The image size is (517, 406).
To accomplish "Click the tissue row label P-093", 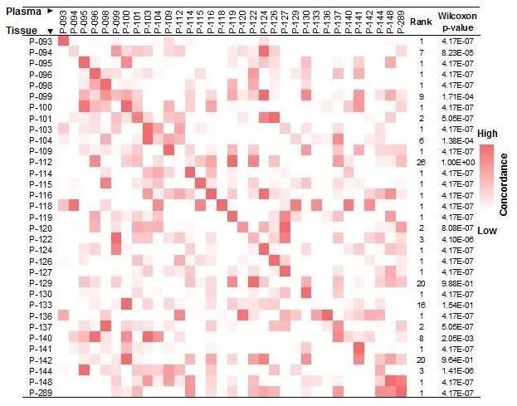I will pyautogui.click(x=40, y=42).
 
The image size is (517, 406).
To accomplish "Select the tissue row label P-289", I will pyautogui.click(x=40, y=392).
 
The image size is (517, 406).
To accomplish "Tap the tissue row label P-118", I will pyautogui.click(x=40, y=205).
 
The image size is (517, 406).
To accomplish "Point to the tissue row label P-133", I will pyautogui.click(x=40, y=304).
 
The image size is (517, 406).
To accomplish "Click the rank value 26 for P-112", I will pyautogui.click(x=421, y=162).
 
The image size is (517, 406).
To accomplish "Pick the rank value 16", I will pyautogui.click(x=421, y=304).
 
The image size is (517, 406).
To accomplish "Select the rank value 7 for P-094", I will pyautogui.click(x=421, y=52).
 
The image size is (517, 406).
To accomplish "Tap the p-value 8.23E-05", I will pyautogui.click(x=457, y=52).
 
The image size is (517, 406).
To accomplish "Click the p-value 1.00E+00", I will pyautogui.click(x=457, y=162).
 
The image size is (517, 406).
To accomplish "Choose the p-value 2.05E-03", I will pyautogui.click(x=457, y=337).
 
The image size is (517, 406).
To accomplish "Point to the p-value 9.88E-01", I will pyautogui.click(x=457, y=282).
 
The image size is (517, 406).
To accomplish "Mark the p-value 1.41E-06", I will pyautogui.click(x=457, y=370).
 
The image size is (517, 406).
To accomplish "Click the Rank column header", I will pyautogui.click(x=421, y=24).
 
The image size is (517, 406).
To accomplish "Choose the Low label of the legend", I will pyautogui.click(x=487, y=230).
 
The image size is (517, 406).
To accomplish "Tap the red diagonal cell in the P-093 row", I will pyautogui.click(x=64, y=42).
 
